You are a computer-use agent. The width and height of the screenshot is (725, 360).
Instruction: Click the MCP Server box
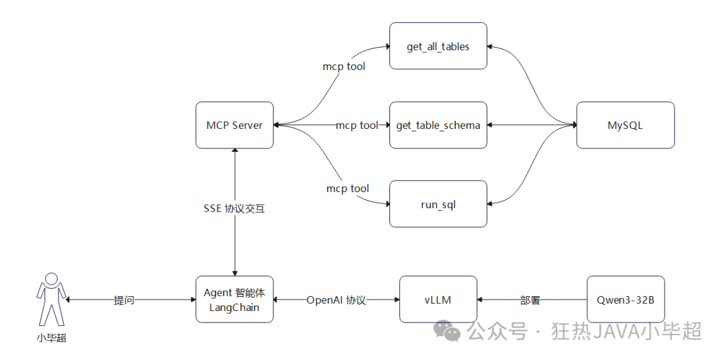click(234, 125)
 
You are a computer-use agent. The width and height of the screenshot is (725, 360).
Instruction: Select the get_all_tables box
click(438, 46)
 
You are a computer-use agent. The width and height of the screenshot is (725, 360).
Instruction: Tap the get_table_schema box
click(438, 125)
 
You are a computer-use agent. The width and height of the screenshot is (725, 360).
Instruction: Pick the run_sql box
click(438, 204)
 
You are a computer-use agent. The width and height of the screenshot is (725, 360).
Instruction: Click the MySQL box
click(625, 125)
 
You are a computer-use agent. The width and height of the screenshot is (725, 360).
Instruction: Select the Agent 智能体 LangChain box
click(234, 300)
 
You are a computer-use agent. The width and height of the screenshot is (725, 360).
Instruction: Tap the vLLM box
click(438, 300)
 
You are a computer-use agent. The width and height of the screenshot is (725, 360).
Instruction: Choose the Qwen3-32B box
click(625, 300)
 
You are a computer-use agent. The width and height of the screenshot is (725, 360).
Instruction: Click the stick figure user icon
click(52, 300)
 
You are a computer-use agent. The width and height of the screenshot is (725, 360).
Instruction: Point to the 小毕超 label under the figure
click(52, 339)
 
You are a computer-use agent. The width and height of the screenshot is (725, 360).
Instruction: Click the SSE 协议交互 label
click(234, 209)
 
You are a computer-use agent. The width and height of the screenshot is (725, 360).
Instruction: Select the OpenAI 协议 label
click(336, 300)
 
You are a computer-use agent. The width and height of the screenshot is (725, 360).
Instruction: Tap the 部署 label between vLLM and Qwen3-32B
click(530, 300)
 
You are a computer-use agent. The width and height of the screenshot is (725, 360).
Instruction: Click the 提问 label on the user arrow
click(124, 300)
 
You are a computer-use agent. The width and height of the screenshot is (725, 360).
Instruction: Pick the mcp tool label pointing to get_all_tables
click(344, 66)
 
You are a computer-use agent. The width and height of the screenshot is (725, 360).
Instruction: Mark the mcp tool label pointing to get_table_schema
click(356, 125)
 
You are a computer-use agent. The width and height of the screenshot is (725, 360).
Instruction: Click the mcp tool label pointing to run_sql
click(347, 189)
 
